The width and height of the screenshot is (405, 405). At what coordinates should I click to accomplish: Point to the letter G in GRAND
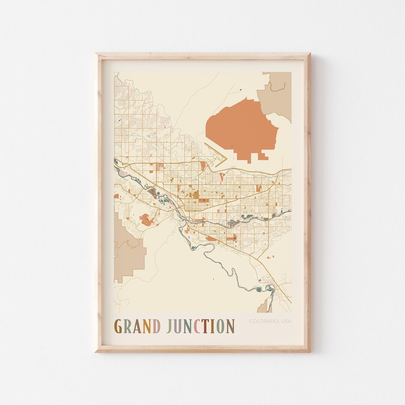click(x=118, y=326)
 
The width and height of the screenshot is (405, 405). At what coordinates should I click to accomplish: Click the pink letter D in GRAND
click(x=156, y=326)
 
